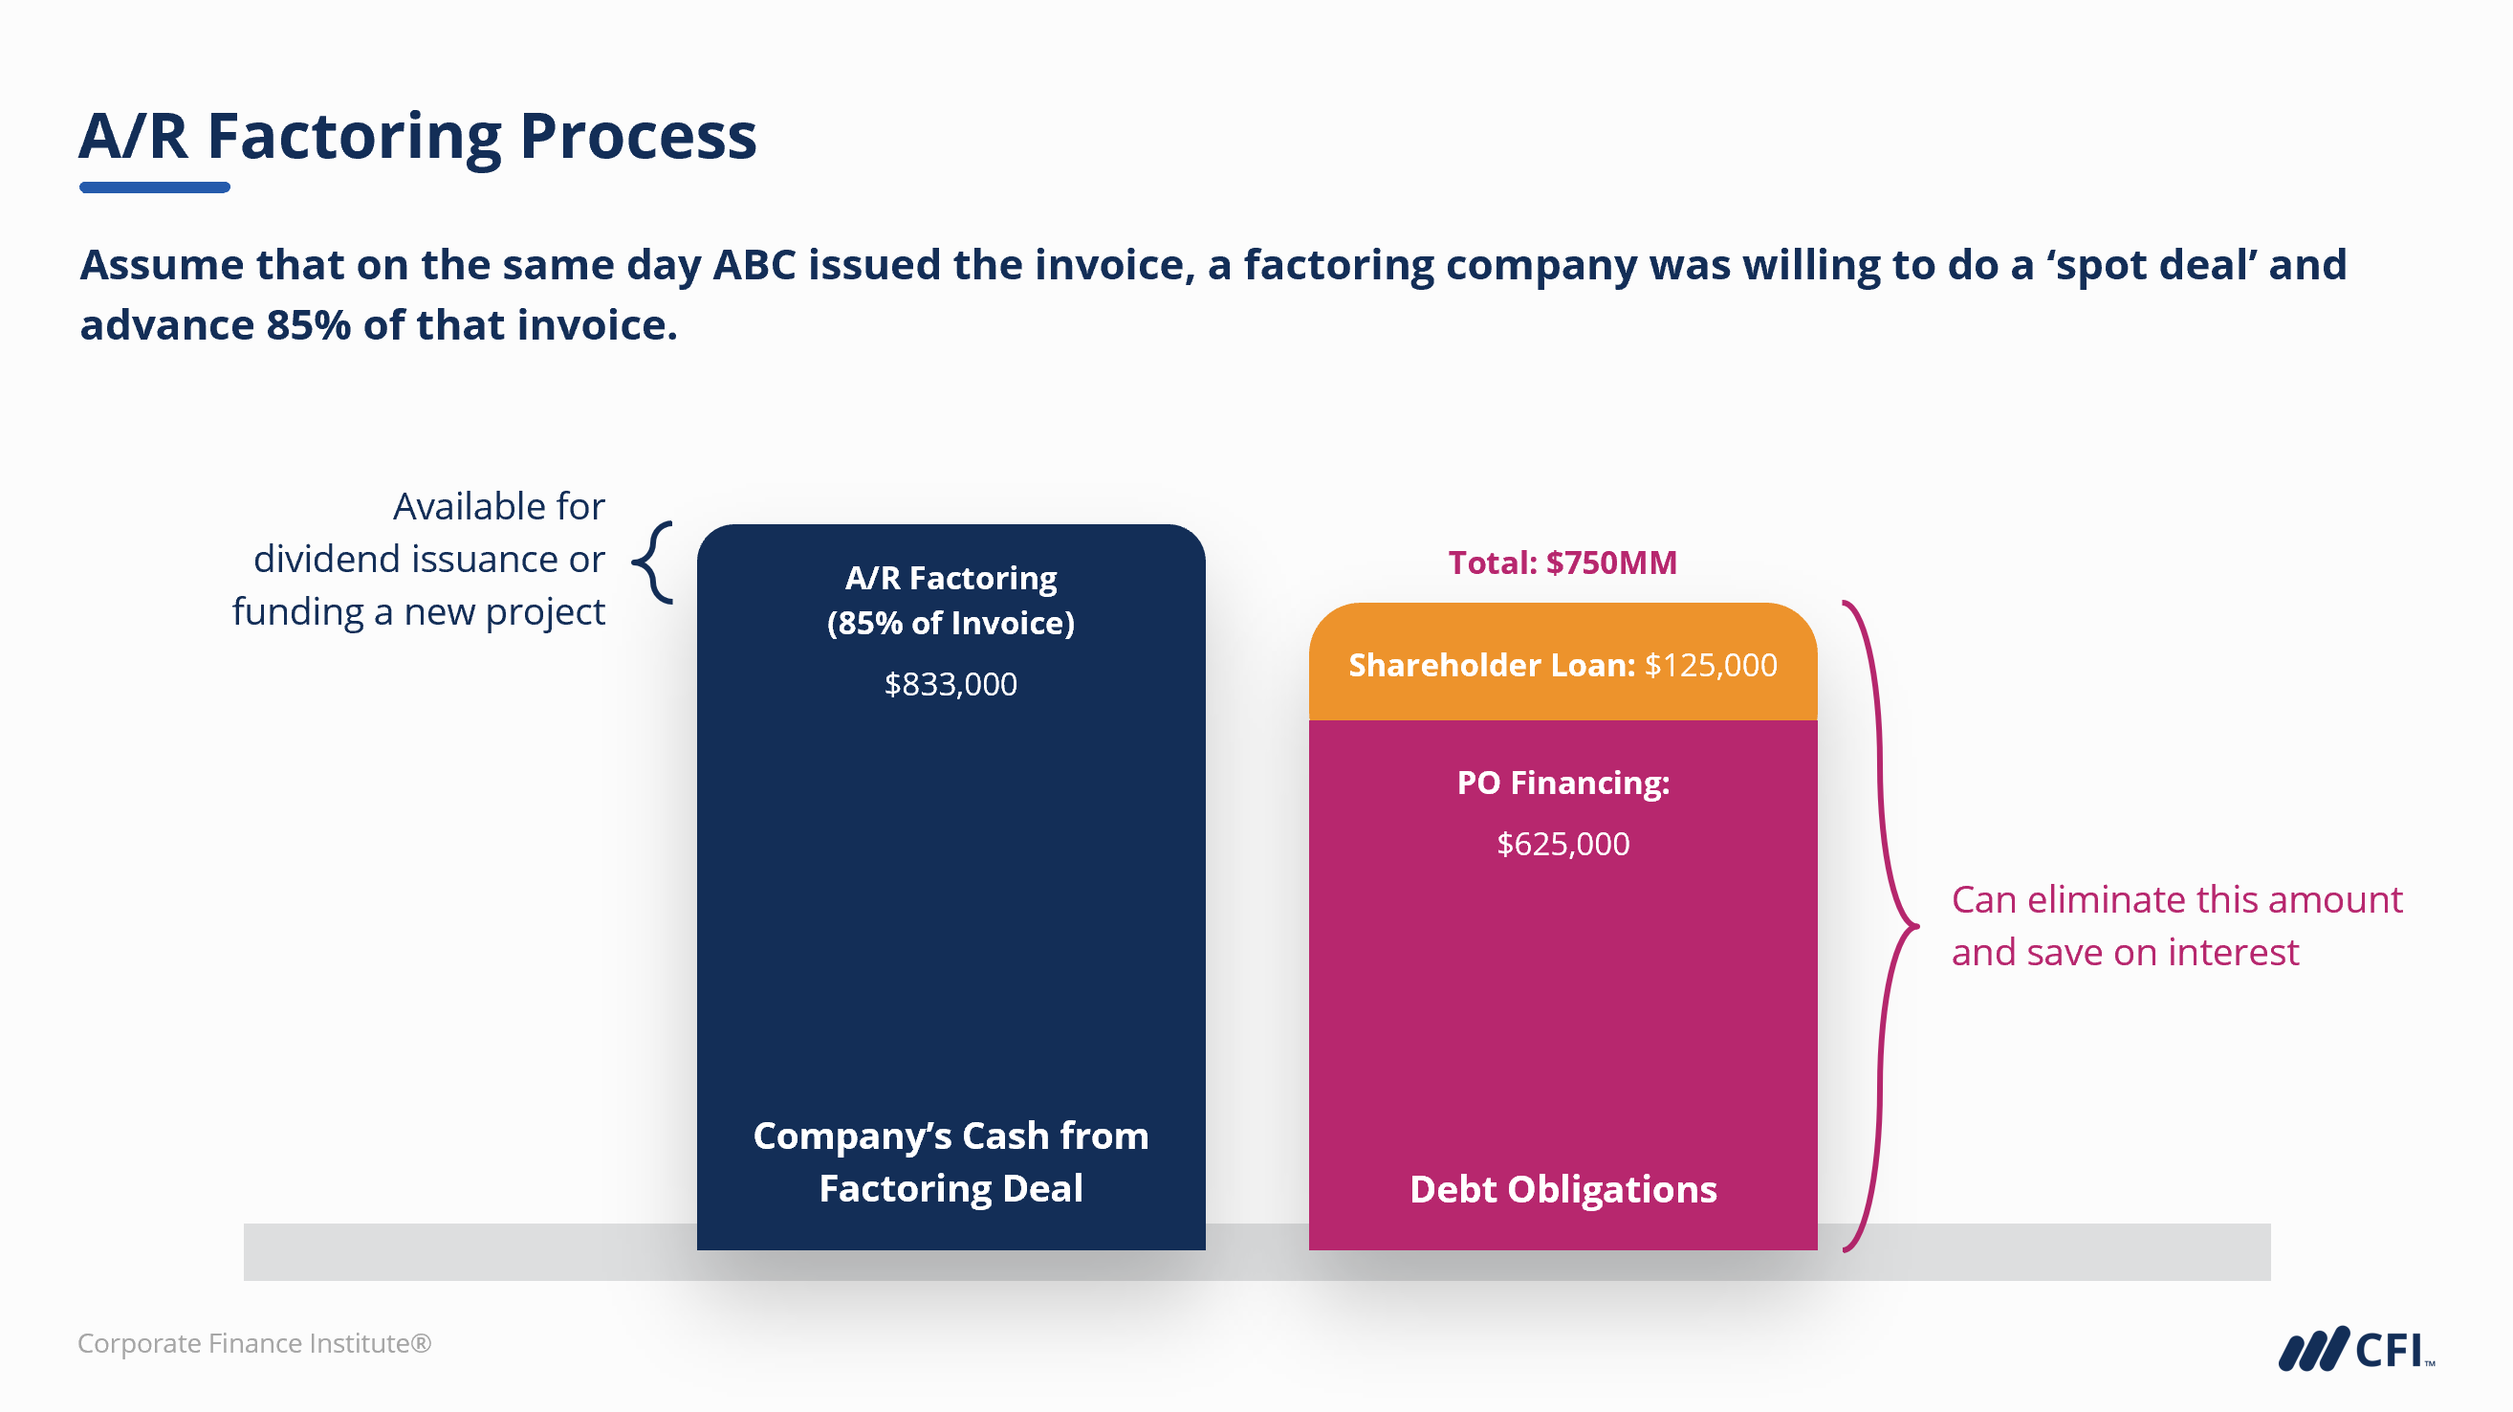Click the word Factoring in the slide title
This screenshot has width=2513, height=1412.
[353, 137]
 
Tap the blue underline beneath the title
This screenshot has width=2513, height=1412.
[154, 188]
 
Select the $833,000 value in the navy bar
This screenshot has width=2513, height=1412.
[951, 685]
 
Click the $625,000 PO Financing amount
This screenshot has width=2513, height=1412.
[1562, 844]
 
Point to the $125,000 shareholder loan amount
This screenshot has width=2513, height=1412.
[1710, 666]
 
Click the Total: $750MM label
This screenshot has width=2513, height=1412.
[1562, 563]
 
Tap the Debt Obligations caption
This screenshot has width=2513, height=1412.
[1562, 1189]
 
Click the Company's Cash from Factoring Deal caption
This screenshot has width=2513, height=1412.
[951, 1162]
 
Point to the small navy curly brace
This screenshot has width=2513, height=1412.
[654, 563]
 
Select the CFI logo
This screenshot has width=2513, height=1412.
[2356, 1350]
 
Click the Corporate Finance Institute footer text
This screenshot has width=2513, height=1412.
[253, 1344]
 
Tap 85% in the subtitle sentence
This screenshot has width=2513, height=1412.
[308, 326]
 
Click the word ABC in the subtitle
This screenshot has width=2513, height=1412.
[754, 265]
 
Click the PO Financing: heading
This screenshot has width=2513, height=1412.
[1562, 783]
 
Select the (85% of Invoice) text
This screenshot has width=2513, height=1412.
[951, 624]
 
